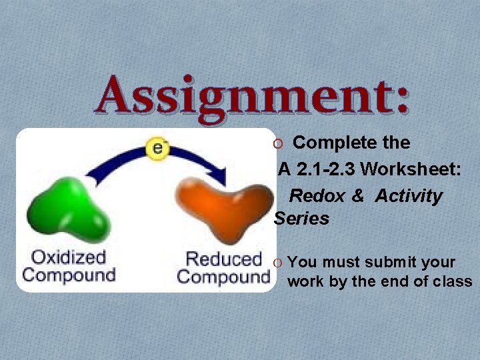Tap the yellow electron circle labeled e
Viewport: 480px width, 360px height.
click(x=158, y=148)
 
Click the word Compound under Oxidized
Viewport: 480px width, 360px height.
click(x=69, y=275)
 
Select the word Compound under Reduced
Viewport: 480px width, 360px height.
click(x=223, y=276)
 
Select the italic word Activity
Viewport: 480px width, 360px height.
click(x=408, y=196)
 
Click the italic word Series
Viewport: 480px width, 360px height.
click(x=301, y=219)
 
